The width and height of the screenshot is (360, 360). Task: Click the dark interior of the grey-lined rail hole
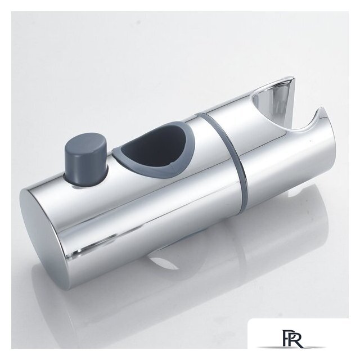point(156,147)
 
